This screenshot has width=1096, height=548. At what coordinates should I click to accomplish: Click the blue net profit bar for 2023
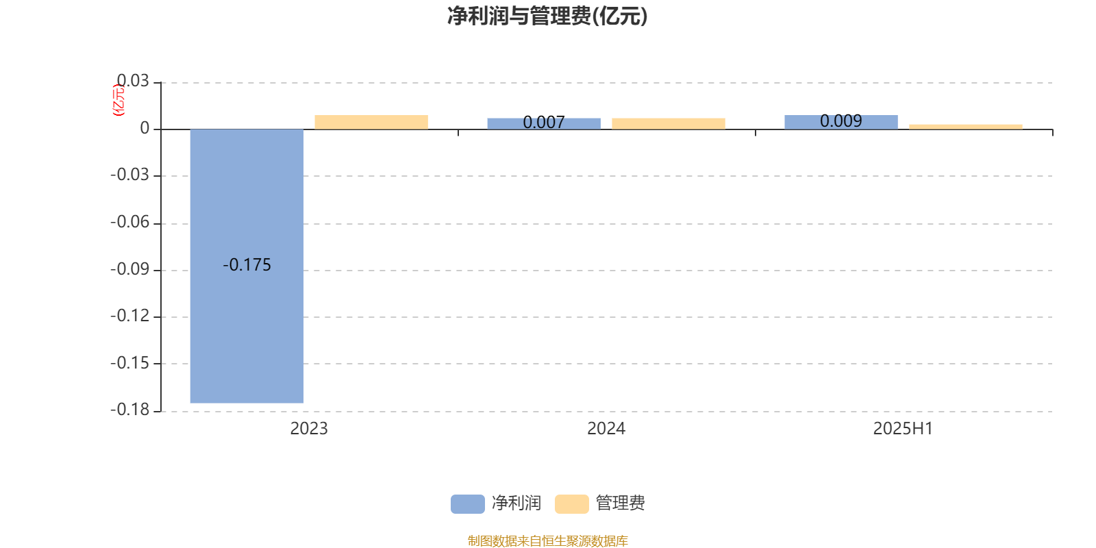[247, 266]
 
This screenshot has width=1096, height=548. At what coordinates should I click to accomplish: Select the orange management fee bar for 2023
[371, 123]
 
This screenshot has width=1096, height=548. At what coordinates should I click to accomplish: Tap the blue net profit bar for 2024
[544, 124]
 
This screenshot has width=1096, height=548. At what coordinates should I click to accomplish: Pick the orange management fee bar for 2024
[669, 124]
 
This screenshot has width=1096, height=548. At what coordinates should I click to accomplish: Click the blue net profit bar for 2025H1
[841, 123]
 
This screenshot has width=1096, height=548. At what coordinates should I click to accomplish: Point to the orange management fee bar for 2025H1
[966, 127]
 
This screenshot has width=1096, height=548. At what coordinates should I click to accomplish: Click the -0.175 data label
[247, 264]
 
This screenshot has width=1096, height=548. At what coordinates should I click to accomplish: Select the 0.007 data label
[544, 122]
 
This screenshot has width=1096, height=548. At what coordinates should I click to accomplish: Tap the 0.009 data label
[841, 121]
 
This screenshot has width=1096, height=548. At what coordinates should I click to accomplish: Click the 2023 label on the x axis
[309, 429]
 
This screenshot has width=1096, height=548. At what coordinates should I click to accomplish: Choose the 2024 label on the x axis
[606, 429]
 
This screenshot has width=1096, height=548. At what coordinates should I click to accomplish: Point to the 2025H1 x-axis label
[904, 429]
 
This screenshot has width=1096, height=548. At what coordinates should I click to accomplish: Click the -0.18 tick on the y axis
[129, 410]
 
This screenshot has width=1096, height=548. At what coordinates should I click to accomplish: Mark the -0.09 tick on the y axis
[129, 269]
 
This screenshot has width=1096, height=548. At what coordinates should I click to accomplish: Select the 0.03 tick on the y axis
[133, 81]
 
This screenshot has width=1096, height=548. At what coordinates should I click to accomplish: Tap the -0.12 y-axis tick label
[129, 316]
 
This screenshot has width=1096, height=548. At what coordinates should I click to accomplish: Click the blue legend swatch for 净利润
[468, 504]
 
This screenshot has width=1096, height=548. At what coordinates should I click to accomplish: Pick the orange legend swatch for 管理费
[571, 504]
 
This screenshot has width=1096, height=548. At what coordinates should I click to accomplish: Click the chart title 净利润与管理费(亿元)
[547, 16]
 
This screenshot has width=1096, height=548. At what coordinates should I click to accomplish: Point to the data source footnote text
[547, 540]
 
